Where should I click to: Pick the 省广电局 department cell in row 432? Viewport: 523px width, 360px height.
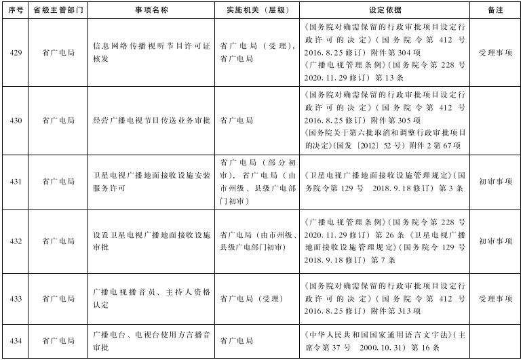tap(58, 241)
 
